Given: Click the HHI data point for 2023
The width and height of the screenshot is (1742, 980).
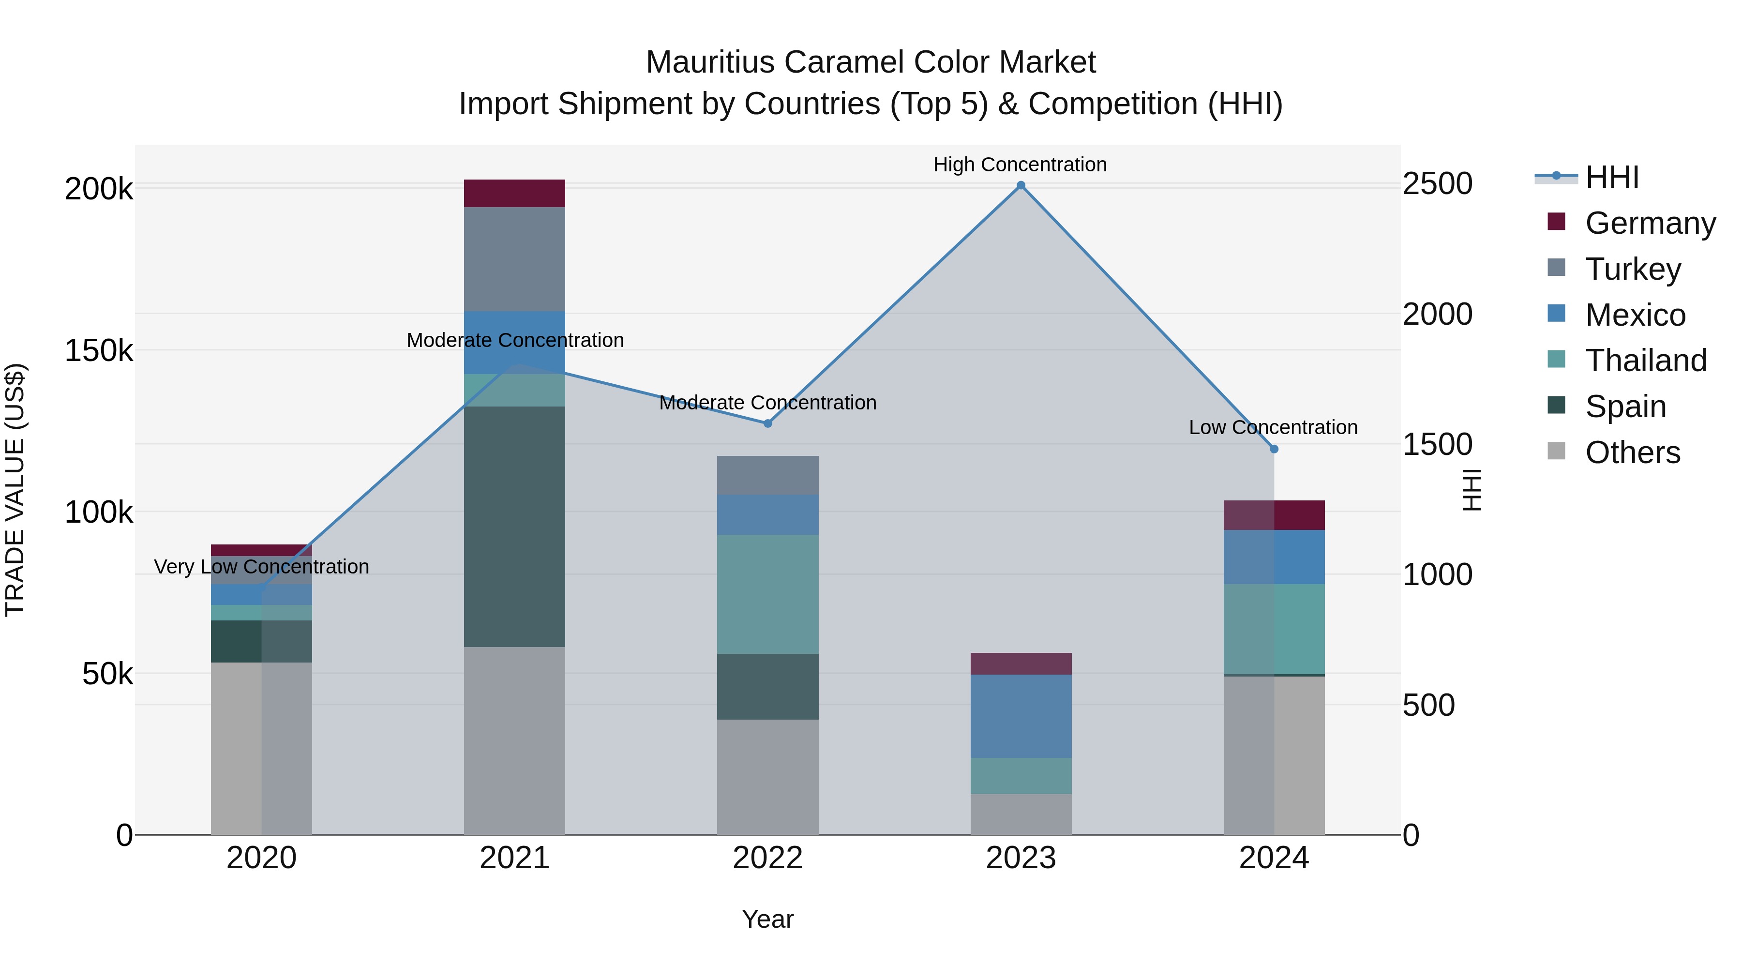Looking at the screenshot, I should click(1021, 185).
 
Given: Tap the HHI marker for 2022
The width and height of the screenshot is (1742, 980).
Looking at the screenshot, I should click(767, 423).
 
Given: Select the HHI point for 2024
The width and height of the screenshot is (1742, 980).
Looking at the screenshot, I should click(1274, 449).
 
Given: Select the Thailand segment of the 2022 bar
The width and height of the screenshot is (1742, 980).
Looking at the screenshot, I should click(767, 594).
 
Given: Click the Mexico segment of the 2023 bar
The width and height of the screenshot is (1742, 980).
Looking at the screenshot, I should click(1021, 716).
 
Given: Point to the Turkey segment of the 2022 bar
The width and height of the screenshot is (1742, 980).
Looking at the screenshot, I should click(767, 475).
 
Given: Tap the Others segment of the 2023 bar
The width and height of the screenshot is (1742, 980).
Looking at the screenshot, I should click(1021, 814).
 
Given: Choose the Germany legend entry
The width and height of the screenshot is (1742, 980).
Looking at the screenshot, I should click(1650, 223).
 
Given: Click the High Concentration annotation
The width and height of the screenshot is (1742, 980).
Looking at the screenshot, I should click(1020, 165).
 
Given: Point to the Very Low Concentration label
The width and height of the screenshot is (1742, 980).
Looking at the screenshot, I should click(262, 567).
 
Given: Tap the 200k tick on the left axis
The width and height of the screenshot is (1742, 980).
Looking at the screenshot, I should click(99, 189).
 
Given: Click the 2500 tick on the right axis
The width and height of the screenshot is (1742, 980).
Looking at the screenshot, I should click(1437, 184).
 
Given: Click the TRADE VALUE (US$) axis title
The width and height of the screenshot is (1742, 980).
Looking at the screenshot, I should click(15, 490).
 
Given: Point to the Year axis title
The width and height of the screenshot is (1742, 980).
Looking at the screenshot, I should click(767, 919).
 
